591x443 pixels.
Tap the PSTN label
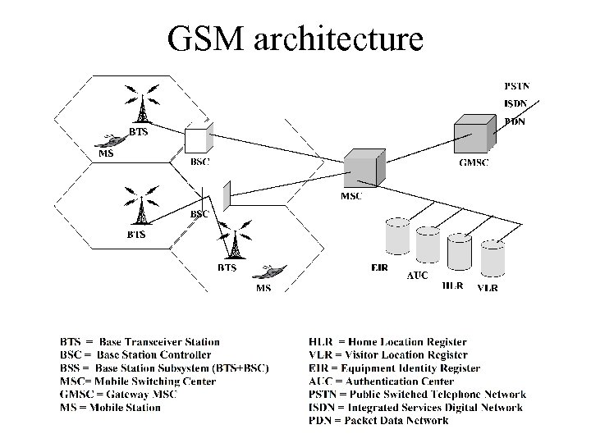pos(516,84)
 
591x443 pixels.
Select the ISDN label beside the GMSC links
pos(515,103)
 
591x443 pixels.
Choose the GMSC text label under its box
pos(474,162)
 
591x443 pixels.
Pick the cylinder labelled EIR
pos(397,235)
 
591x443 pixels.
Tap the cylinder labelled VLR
pos(492,258)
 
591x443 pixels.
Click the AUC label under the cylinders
pos(418,276)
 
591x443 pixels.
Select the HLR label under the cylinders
pos(452,286)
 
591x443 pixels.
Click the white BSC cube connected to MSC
pos(197,139)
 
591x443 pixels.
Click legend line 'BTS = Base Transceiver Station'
pos(140,342)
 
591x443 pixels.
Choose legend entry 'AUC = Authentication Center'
pos(381,381)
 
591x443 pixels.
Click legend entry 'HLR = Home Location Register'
pos(387,342)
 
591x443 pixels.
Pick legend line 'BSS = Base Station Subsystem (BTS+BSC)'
pos(164,368)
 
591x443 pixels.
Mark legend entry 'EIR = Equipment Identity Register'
pos(394,368)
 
